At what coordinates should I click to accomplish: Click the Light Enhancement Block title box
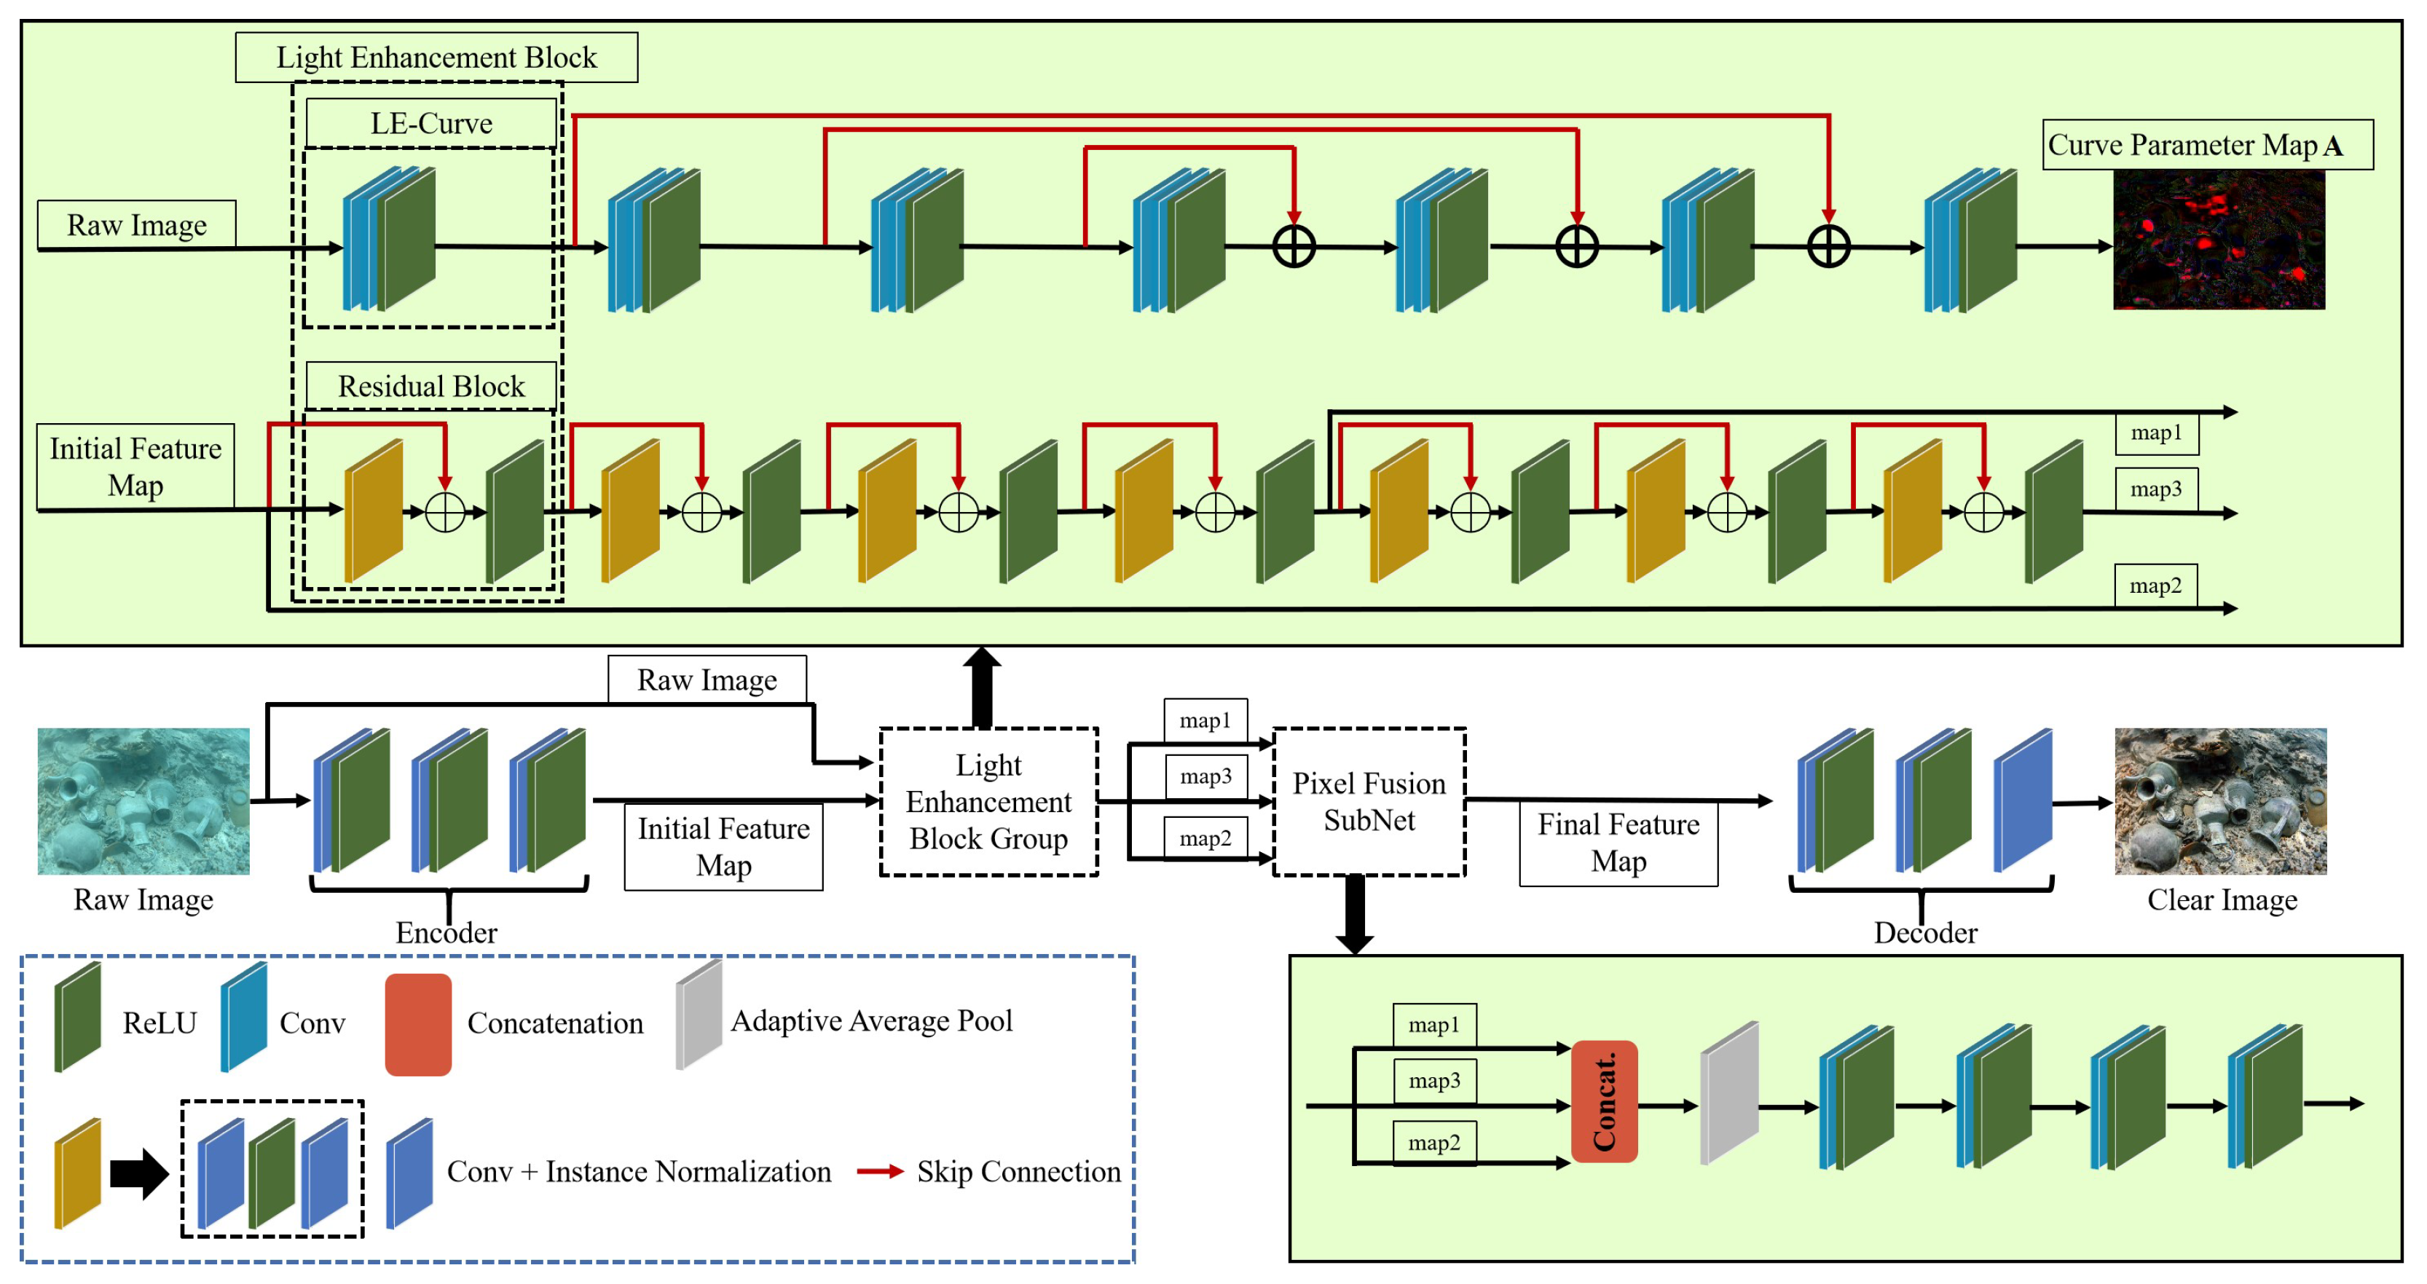436,58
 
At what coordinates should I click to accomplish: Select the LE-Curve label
430,123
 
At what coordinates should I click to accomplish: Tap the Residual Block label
430,386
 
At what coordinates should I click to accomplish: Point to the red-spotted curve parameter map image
2218,240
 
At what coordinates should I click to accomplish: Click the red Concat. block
1604,1101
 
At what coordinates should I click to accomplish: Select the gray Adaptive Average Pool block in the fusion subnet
1729,1092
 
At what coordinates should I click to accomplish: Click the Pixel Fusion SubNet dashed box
1368,802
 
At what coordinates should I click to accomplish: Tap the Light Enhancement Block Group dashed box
988,802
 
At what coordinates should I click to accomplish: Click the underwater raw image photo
143,800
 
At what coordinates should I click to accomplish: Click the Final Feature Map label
1618,843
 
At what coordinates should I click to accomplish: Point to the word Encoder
446,933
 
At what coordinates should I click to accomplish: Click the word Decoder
1925,933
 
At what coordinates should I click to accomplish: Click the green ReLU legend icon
77,1017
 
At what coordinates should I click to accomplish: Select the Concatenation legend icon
417,1025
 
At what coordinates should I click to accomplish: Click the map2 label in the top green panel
2155,586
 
